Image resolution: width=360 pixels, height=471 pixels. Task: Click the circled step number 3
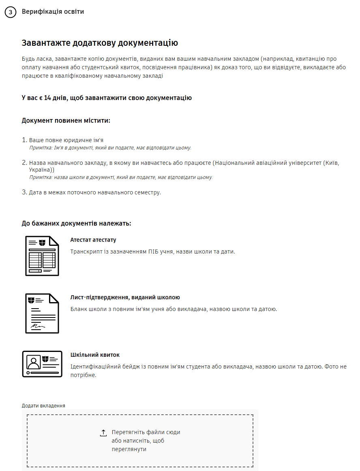(10, 12)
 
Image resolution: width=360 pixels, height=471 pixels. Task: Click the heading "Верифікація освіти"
(53, 12)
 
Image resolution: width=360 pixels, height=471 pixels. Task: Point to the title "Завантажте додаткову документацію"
(100, 43)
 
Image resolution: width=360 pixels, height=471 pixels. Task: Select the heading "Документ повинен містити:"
(66, 121)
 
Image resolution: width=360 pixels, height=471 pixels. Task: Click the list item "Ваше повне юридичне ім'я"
(66, 140)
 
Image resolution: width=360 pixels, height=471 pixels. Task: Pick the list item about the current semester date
(95, 192)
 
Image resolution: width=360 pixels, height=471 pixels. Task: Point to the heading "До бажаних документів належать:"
(76, 224)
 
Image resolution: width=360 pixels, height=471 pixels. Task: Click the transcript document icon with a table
(42, 256)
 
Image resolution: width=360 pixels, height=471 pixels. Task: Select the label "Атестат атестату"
(93, 240)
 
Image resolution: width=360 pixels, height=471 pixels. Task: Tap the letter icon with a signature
(42, 313)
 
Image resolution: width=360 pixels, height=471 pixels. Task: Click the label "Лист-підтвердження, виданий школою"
(125, 297)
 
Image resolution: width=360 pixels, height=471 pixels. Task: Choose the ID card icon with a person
(42, 364)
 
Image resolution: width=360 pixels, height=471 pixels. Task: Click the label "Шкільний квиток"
(95, 355)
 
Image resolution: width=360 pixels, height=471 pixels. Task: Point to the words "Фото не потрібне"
(333, 367)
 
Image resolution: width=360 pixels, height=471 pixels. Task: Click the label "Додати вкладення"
(43, 405)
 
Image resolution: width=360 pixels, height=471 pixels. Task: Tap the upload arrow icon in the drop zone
(103, 433)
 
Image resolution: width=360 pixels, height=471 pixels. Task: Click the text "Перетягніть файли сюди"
(146, 432)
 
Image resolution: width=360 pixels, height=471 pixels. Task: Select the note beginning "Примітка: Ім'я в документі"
(110, 148)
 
